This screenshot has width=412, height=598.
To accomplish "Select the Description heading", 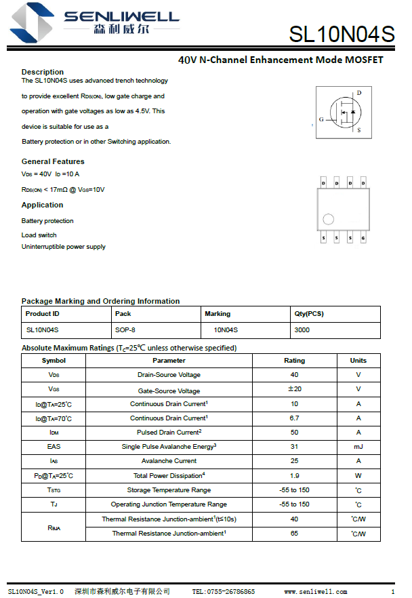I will pos(43,72).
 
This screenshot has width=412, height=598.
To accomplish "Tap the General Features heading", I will pos(53,161).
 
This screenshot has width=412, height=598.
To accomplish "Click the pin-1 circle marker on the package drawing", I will pos(329,220).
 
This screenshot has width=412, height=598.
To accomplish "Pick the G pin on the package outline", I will pos(363,239).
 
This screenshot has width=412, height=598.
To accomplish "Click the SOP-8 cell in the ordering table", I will pos(125,330).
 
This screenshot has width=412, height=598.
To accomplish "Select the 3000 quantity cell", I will pos(302,330).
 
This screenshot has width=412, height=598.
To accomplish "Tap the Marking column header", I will pos(218,314).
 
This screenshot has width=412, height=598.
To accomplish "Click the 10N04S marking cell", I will pos(226,330).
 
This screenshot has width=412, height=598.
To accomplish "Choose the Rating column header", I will pos(294,361).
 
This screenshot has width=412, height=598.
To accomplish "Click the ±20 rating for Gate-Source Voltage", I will pos(294,389).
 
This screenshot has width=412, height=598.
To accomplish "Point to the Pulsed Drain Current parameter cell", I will pos(169,433).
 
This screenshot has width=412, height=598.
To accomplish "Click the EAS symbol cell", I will pos(54,447).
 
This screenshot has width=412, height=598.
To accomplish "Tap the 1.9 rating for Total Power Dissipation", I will pos(294,476).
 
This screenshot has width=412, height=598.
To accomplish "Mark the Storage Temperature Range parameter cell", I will pos(169,490).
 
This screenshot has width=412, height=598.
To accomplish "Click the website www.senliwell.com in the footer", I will pos(316,592).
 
